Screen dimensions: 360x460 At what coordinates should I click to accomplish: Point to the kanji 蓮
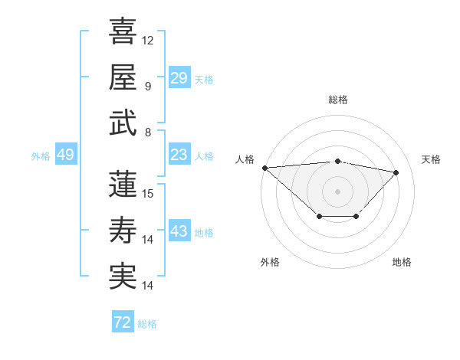(x=123, y=184)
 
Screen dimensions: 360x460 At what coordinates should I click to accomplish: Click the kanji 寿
(x=123, y=230)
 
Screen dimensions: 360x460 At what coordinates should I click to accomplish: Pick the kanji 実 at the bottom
(x=123, y=276)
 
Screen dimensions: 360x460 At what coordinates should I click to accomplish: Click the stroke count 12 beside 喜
(x=148, y=40)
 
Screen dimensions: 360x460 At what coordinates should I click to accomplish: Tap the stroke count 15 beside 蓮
(x=148, y=193)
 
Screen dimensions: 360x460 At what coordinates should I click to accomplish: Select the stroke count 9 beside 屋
(x=147, y=86)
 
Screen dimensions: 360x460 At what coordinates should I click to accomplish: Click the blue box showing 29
(x=179, y=78)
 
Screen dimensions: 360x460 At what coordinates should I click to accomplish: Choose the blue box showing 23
(x=179, y=155)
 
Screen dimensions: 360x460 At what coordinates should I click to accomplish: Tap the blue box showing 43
(x=179, y=232)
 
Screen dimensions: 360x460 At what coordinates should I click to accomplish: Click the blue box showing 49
(x=65, y=155)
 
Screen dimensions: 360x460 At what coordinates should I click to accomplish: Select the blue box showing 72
(x=123, y=322)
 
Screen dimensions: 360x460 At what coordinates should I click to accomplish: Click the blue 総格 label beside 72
(x=147, y=324)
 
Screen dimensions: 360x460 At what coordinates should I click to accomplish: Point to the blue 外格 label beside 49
(x=41, y=156)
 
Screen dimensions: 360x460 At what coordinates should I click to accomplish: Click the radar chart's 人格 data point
(x=264, y=167)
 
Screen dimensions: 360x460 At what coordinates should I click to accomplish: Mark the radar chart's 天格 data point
(x=396, y=172)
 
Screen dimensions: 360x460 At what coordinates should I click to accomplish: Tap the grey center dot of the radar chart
(x=337, y=190)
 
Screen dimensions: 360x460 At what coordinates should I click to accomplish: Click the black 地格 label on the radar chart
(x=402, y=262)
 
